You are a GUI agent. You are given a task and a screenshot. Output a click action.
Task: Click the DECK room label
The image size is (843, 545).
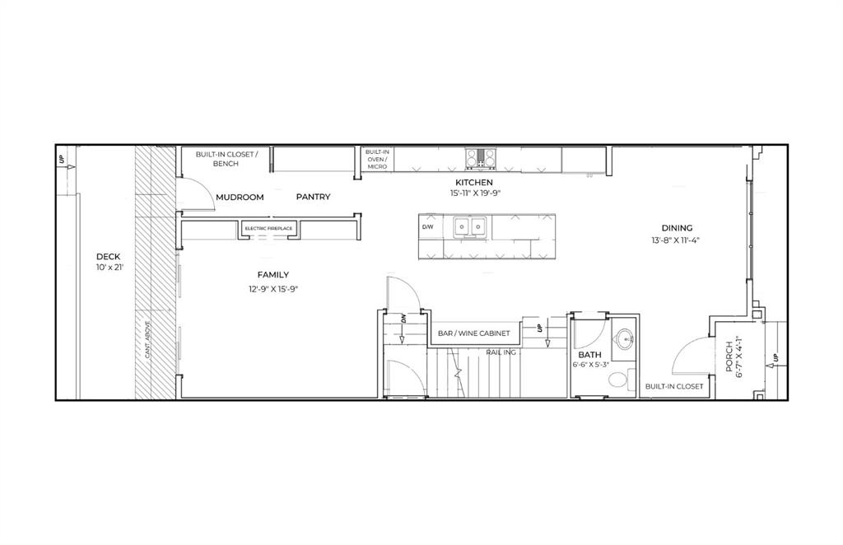pos(109,256)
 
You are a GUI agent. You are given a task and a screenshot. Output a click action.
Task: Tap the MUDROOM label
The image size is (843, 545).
pos(240,198)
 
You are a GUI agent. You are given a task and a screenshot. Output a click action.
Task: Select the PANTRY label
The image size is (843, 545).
pos(314,198)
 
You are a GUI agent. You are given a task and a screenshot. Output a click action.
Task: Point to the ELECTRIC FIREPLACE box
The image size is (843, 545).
pos(268,228)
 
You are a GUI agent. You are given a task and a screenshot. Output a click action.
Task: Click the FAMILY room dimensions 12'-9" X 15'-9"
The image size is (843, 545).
pos(272,289)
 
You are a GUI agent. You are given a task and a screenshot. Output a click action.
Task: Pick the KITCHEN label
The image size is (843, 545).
pos(475,183)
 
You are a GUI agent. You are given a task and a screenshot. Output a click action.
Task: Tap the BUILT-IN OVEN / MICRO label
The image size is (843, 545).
pos(377,160)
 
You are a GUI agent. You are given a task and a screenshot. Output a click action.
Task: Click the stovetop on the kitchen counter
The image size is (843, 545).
pos(480,156)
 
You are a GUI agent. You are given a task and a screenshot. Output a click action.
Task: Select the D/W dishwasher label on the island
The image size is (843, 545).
pos(428,226)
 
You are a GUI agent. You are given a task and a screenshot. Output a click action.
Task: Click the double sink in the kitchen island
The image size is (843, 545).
pos(469,226)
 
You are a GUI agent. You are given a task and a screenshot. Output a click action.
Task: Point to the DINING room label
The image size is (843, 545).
pos(677,228)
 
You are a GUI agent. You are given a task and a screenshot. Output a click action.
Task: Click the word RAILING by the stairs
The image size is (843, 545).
pos(501,352)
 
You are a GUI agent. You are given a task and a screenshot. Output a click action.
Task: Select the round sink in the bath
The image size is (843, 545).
pos(626,338)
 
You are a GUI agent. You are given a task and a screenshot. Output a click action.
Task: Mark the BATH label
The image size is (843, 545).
pos(589,355)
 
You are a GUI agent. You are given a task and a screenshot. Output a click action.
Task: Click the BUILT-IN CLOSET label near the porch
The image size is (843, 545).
pos(674,386)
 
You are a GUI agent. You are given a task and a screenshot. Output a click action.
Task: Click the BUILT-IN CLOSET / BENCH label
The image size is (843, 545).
pos(226,159)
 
